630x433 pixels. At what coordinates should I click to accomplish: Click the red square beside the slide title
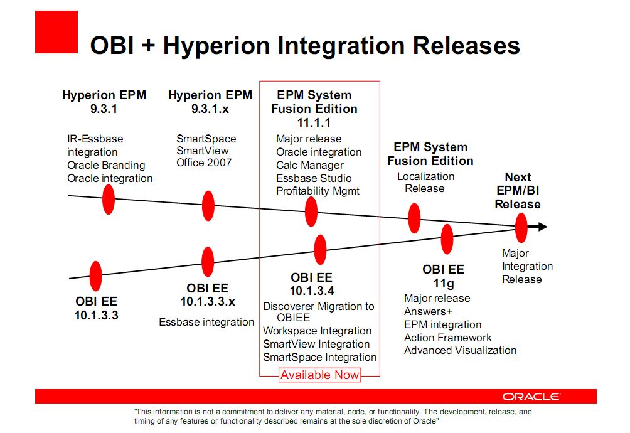(x=56, y=32)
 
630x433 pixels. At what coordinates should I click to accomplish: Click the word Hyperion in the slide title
(x=216, y=45)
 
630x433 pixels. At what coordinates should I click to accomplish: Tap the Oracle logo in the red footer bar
(x=531, y=397)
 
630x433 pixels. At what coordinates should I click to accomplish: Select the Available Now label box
(x=320, y=375)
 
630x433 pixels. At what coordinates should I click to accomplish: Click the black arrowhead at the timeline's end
(x=542, y=227)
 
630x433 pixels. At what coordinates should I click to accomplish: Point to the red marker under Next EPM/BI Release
(x=521, y=228)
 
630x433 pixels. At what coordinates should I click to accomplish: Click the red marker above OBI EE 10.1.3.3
(x=95, y=276)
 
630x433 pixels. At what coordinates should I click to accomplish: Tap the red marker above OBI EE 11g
(x=447, y=239)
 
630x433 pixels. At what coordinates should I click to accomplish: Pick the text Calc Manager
(x=310, y=165)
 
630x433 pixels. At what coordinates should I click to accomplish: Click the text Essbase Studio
(x=314, y=178)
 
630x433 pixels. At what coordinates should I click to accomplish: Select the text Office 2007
(x=204, y=163)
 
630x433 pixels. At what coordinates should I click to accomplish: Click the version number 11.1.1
(x=314, y=122)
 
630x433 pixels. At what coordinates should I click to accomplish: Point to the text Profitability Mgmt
(x=318, y=191)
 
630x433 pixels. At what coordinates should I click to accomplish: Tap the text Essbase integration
(x=206, y=322)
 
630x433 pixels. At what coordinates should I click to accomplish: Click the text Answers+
(x=428, y=311)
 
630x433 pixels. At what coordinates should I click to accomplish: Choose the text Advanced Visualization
(x=460, y=350)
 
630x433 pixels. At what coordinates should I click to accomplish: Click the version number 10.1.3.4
(x=312, y=291)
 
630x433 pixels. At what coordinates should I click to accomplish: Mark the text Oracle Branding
(x=106, y=165)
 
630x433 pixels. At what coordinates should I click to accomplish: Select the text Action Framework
(x=447, y=338)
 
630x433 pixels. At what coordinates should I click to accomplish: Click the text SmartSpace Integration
(x=320, y=357)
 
